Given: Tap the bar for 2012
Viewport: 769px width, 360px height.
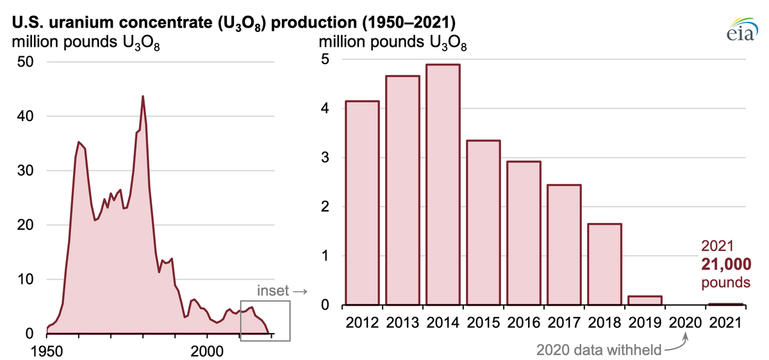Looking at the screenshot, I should pos(362,202).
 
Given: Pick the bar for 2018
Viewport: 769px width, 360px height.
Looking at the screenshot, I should pos(604,264).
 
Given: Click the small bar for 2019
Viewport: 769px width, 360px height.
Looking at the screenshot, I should pos(645,300).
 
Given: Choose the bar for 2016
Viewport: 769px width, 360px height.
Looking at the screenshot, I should pos(524,233).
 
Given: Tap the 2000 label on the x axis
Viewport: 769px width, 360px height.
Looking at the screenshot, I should pos(208,351).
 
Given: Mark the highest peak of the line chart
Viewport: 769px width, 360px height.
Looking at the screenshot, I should pos(142,96).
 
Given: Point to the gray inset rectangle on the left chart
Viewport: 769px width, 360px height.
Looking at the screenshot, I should pos(265,320).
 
